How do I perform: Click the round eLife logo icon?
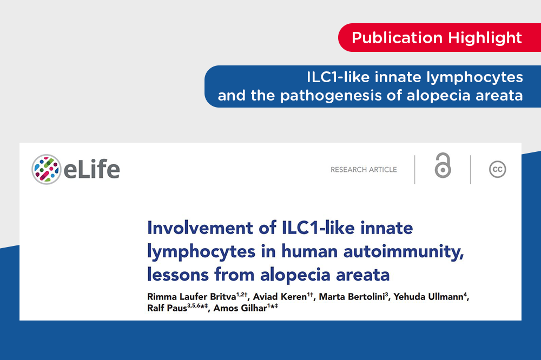tap(46, 169)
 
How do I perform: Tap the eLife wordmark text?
tap(92, 169)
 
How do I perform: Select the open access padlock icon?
tap(443, 165)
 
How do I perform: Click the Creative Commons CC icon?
tap(498, 169)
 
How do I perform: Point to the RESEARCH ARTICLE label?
tap(364, 170)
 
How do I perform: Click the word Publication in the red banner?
tap(397, 38)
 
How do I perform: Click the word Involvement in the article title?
tap(200, 228)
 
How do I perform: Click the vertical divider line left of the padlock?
tap(415, 169)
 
